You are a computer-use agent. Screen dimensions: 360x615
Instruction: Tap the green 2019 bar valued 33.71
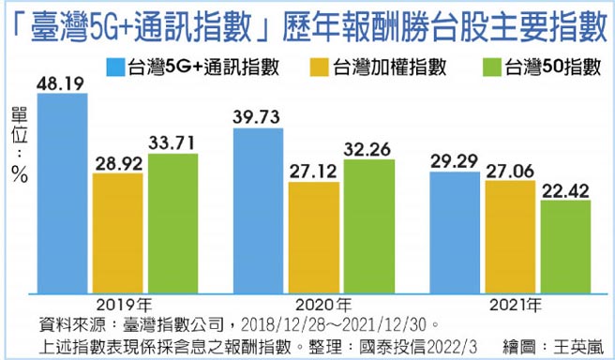pos(172,225)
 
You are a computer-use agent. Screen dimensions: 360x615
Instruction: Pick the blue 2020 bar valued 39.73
pos(259,211)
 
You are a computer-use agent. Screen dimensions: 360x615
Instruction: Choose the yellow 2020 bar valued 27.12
pos(314,238)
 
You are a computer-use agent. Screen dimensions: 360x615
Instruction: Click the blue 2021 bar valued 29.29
pos(455,233)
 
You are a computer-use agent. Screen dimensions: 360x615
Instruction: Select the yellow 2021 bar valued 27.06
pos(510,238)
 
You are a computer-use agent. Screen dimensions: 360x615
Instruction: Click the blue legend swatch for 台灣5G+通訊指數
pos(114,67)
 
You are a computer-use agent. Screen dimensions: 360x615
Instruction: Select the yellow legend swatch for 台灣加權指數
pos(316,67)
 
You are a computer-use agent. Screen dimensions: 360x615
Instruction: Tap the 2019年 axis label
pos(120,305)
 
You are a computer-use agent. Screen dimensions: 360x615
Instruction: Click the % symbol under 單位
pos(20,177)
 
